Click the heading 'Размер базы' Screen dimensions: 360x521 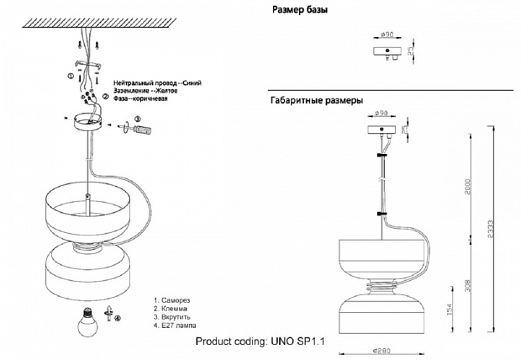click(300, 10)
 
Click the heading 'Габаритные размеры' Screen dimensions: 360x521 click(316, 100)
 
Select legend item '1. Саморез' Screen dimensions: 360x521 click(172, 299)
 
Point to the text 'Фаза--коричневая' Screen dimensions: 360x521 click(140, 99)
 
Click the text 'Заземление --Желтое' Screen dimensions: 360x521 click(146, 92)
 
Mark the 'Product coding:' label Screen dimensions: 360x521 click(230, 342)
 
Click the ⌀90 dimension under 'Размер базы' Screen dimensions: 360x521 click(387, 34)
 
